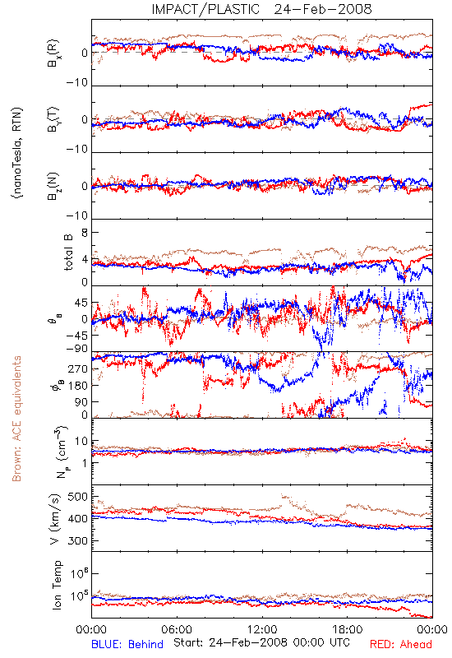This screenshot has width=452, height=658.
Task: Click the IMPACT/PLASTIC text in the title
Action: click(x=205, y=9)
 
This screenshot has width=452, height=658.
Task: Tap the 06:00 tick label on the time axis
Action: click(x=177, y=629)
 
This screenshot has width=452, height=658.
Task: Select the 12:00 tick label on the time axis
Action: click(x=262, y=629)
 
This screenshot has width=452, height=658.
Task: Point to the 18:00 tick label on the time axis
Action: click(x=348, y=629)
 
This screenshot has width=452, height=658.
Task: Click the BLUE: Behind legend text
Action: click(x=127, y=645)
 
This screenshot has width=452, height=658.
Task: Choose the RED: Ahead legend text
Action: click(x=401, y=645)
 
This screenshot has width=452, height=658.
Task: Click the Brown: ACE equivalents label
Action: click(x=16, y=419)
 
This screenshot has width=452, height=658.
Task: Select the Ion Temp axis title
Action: click(x=57, y=585)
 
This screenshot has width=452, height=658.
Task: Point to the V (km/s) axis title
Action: click(x=55, y=519)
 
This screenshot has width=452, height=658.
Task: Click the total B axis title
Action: click(x=68, y=253)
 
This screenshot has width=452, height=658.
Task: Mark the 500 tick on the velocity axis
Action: click(x=77, y=497)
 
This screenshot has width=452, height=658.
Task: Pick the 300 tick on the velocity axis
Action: click(x=77, y=541)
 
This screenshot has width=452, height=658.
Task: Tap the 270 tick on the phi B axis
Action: click(x=78, y=369)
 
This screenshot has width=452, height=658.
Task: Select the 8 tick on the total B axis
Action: click(x=85, y=233)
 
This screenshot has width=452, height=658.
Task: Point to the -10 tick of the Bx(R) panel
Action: click(x=77, y=83)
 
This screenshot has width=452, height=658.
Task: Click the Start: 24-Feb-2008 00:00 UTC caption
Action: click(x=261, y=642)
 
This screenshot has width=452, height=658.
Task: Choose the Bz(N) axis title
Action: click(x=53, y=186)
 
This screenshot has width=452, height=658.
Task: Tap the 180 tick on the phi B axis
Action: click(x=78, y=386)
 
